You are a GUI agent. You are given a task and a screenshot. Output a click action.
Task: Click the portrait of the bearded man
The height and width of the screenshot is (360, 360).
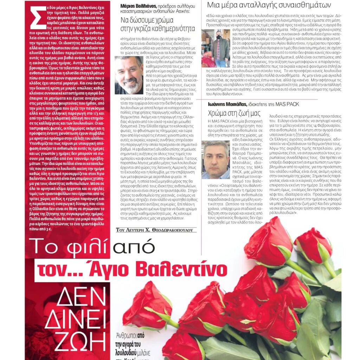129,75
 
